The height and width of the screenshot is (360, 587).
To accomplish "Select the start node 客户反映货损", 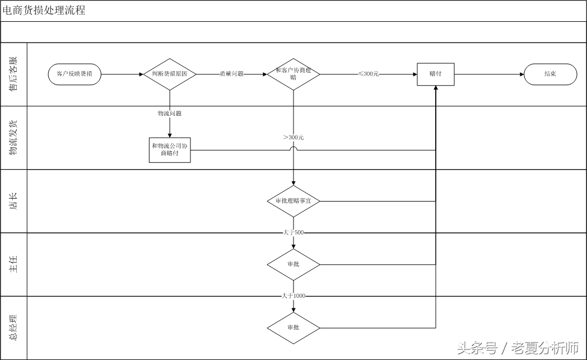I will (x=74, y=74).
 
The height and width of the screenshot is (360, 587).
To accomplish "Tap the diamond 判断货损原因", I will (x=170, y=74).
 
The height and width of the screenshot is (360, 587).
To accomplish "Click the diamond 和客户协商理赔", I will (x=293, y=74).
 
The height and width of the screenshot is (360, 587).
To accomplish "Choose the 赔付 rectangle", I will (x=435, y=74).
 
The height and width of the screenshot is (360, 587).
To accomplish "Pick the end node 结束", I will (x=550, y=74).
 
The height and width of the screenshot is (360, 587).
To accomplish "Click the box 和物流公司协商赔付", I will (x=170, y=150).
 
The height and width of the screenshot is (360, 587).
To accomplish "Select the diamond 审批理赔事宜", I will (x=293, y=201).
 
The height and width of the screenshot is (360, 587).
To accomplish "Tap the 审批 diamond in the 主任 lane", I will (x=293, y=264).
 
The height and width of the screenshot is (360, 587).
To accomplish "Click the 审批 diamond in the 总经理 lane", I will (x=293, y=328).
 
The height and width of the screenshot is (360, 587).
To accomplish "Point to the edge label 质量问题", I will (x=231, y=74).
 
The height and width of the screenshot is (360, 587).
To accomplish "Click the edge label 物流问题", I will (x=169, y=114).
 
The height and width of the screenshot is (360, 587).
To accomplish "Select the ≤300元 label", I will (x=369, y=74).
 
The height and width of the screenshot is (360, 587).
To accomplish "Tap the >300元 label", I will (x=293, y=138).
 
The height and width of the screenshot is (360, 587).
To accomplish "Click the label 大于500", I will (x=293, y=232).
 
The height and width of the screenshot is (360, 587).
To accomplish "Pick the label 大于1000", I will (x=293, y=296).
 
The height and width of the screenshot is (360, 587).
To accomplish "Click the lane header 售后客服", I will (x=13, y=74).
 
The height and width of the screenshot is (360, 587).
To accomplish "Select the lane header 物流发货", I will (x=13, y=138).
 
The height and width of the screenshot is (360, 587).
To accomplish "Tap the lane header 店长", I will (x=13, y=201).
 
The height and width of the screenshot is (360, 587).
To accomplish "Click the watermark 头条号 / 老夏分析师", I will (x=518, y=348).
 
